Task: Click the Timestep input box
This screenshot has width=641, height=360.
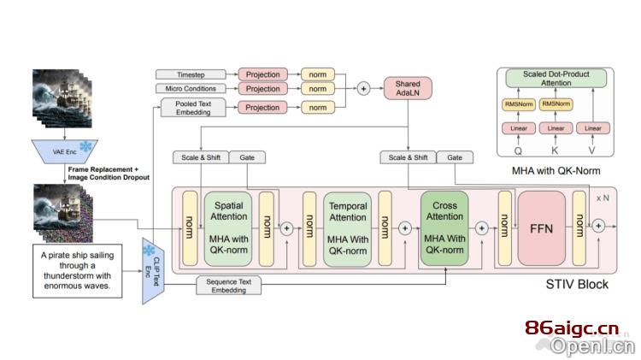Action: coord(191,74)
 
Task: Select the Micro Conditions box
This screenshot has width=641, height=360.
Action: coord(191,88)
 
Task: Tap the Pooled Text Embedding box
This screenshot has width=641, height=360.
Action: coord(193,108)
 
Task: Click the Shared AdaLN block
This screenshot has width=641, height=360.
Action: coord(408,88)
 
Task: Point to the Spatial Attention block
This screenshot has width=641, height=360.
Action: coord(228,227)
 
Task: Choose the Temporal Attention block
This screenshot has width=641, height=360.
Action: coord(348,228)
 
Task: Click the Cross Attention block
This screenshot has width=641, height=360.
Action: coord(444,227)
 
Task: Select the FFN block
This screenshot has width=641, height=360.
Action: coord(541,228)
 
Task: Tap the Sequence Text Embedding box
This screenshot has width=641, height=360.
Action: coord(228,286)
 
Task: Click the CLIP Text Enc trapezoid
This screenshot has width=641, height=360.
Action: coord(153,271)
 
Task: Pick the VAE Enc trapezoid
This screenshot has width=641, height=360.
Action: coord(65,151)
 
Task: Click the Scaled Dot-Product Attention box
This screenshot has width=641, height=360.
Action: coord(556,78)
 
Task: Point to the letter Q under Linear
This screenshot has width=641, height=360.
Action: coord(518,151)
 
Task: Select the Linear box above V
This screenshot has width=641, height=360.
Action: coord(593,128)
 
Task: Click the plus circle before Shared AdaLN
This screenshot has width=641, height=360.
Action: coord(363,88)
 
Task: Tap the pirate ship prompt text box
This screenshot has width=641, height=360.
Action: coord(77,271)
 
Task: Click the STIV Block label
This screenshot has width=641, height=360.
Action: coord(577,284)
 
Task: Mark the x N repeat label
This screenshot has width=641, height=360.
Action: coord(603,198)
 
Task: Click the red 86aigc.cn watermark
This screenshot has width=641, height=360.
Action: coord(572,328)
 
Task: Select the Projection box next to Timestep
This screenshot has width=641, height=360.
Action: coord(263,74)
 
